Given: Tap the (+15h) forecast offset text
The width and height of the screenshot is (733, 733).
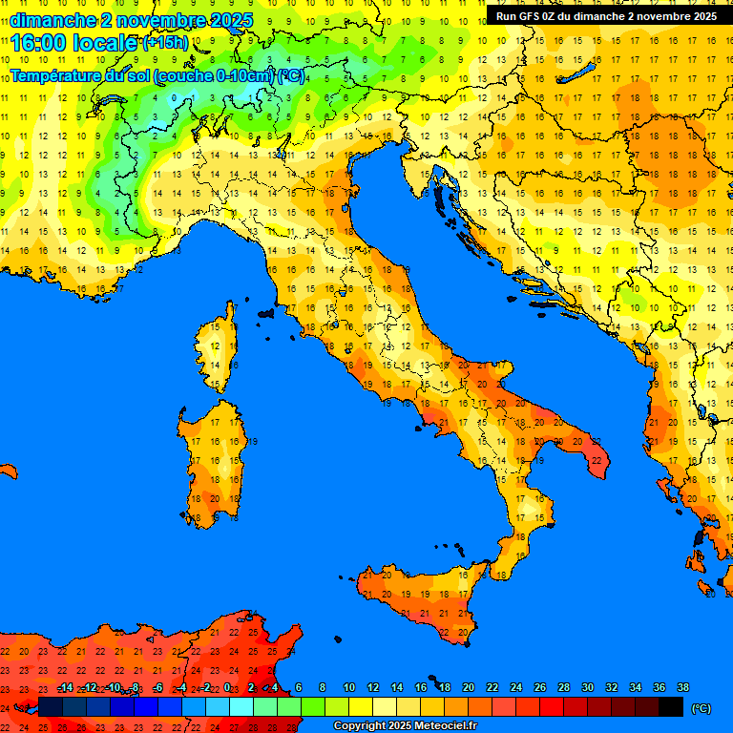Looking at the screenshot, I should tap(165, 43).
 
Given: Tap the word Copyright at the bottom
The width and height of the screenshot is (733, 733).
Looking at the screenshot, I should tap(361, 726).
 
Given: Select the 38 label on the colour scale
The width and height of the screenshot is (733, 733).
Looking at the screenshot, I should tap(682, 687).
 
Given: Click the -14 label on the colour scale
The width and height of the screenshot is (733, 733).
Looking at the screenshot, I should tap(65, 687).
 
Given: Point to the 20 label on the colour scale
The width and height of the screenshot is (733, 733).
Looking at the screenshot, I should tap(469, 687).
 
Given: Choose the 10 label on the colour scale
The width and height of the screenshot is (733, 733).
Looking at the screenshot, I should tap(349, 687).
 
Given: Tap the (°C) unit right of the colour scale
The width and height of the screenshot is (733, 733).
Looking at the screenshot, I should tap(702, 708).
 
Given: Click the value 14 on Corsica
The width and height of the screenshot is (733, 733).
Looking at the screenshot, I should tap(217, 365).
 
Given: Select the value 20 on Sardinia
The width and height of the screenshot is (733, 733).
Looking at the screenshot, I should tap(217, 497).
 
